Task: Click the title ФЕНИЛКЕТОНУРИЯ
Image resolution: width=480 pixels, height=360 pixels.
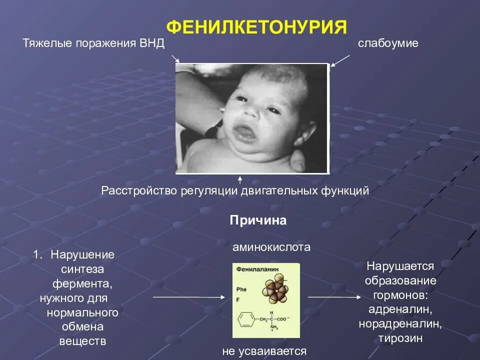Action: pyautogui.click(x=256, y=26)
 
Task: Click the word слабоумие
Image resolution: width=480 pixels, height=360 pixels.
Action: pyautogui.click(x=388, y=43)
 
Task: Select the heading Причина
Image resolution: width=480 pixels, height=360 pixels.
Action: pyautogui.click(x=258, y=220)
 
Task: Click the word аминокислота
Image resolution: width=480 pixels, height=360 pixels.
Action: pyautogui.click(x=271, y=247)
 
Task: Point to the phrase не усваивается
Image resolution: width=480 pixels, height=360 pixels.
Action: pyautogui.click(x=264, y=351)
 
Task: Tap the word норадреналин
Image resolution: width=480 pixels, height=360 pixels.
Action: pyautogui.click(x=400, y=324)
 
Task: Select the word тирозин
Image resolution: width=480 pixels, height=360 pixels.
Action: pyautogui.click(x=400, y=338)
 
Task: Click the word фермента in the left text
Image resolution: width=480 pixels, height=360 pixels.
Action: pyautogui.click(x=82, y=283)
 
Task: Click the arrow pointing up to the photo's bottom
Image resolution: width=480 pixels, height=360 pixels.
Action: pyautogui.click(x=240, y=179)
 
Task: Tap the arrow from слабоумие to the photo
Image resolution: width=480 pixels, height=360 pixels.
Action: pyautogui.click(x=340, y=60)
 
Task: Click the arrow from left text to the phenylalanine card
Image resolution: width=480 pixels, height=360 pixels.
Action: pyautogui.click(x=189, y=297)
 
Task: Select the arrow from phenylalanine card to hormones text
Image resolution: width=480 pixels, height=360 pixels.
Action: pyautogui.click(x=333, y=297)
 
